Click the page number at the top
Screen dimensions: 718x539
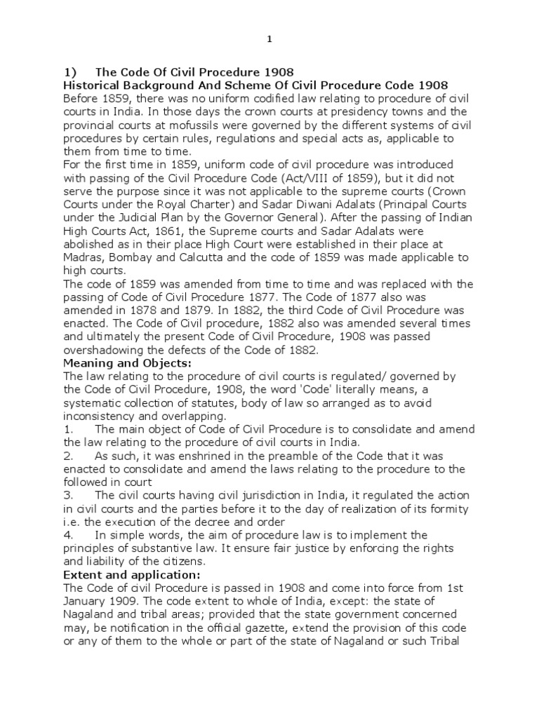click(269, 40)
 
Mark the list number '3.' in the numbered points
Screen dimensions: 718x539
click(69, 496)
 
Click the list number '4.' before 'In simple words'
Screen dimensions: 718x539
click(69, 535)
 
